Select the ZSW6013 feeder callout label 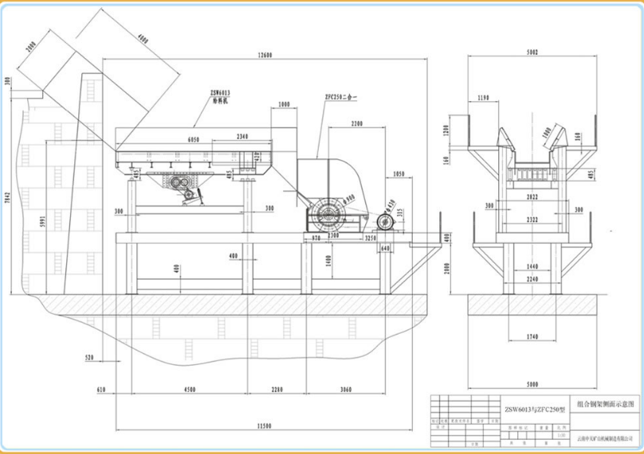[x=220, y=96]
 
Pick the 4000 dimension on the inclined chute [x=143, y=38]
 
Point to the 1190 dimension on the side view [x=480, y=98]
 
